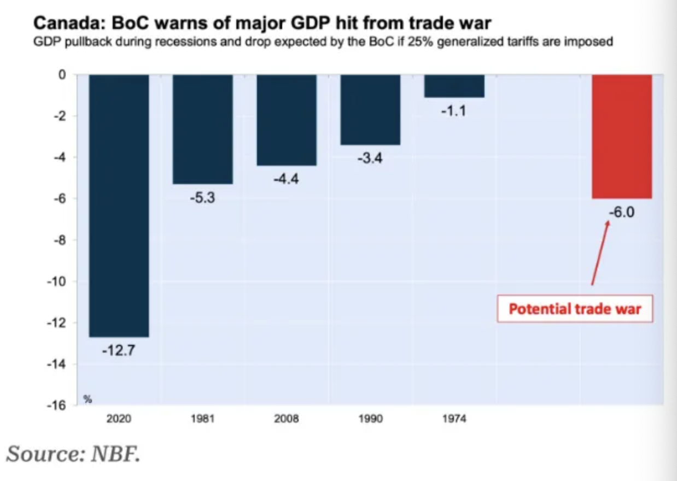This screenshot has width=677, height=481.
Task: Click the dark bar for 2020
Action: pyautogui.click(x=119, y=205)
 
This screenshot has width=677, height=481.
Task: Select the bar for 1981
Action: pyautogui.click(x=202, y=128)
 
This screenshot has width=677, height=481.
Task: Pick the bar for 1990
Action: pyautogui.click(x=370, y=109)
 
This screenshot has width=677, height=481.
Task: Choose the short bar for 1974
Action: pyautogui.click(x=454, y=86)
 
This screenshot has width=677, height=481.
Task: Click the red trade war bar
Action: pyautogui.click(x=622, y=136)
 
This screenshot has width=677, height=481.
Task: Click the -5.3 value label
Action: pyautogui.click(x=202, y=198)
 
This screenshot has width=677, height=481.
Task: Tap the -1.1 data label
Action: pyautogui.click(x=454, y=112)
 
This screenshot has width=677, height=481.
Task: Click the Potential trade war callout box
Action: pyautogui.click(x=575, y=309)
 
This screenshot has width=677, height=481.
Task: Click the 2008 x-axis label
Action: pyautogui.click(x=287, y=419)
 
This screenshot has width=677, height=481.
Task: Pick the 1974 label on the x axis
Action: pyautogui.click(x=454, y=419)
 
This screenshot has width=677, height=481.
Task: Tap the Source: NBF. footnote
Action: pyautogui.click(x=73, y=454)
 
